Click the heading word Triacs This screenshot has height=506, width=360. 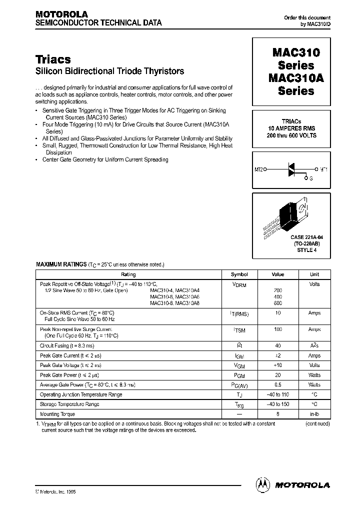[52, 59]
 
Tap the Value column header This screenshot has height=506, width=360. [278, 274]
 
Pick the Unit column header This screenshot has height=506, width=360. [314, 274]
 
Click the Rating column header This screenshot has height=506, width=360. [128, 274]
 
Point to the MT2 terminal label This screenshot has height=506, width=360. [259, 169]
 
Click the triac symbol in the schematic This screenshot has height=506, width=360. [292, 170]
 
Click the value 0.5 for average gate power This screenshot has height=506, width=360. [278, 385]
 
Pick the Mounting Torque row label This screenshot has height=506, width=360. [57, 414]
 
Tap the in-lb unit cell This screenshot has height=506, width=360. [314, 414]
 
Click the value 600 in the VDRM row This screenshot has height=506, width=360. [278, 303]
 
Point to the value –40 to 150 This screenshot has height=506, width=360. [278, 404]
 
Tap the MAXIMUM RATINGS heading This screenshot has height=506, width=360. [61, 263]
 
